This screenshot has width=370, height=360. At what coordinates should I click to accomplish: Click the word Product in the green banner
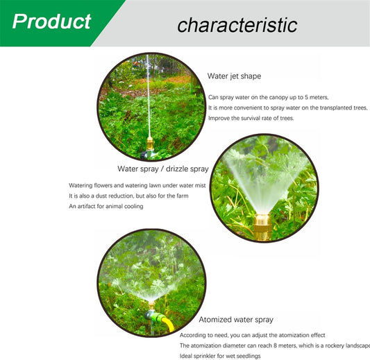(51, 22)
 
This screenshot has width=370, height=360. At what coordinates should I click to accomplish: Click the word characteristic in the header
(237, 25)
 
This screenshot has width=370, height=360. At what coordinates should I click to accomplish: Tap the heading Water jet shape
(234, 76)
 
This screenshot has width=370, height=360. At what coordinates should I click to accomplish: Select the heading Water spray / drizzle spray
(163, 169)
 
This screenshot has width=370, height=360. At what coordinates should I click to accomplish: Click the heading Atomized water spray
(236, 320)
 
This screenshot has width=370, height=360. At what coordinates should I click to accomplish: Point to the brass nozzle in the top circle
(150, 144)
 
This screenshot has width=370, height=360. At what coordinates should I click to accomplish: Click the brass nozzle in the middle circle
(262, 227)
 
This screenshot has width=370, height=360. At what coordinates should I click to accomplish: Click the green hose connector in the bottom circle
(155, 316)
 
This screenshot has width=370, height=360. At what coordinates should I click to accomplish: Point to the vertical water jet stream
(148, 96)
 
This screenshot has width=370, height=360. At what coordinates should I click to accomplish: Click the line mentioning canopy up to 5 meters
(268, 97)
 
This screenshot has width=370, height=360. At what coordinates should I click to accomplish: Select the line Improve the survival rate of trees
(251, 118)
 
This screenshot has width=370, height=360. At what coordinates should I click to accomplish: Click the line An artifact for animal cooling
(106, 206)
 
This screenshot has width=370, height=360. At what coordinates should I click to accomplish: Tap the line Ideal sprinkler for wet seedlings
(220, 356)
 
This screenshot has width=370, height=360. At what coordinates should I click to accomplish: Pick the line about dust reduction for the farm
(128, 196)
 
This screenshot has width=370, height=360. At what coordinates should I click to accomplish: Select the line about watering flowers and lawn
(137, 185)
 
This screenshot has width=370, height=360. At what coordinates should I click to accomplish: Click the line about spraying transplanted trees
(287, 108)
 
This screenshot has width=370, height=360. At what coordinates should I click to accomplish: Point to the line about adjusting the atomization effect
(253, 335)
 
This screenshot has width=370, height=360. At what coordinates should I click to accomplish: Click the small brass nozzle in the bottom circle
(151, 305)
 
